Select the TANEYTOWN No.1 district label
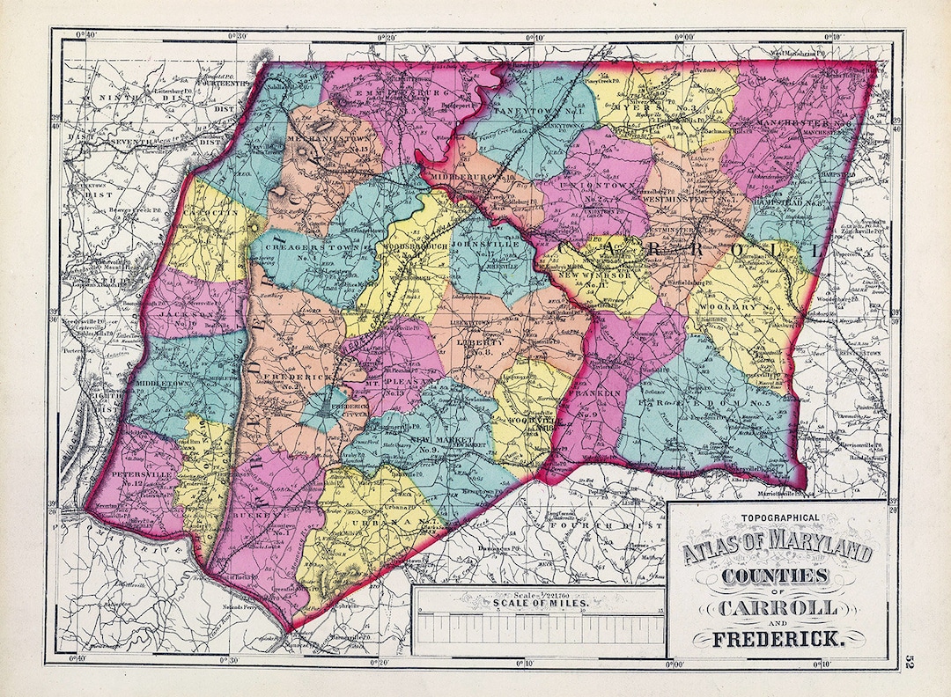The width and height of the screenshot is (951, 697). coord(529,114)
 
